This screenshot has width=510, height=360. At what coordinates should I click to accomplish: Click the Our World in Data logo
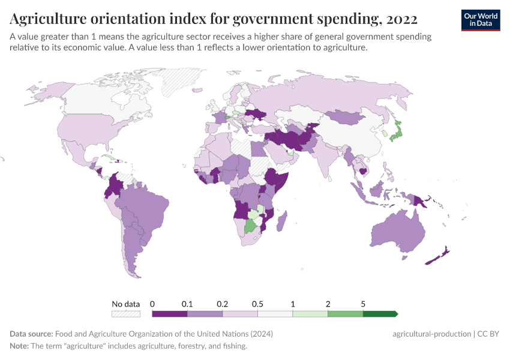(x=480, y=19)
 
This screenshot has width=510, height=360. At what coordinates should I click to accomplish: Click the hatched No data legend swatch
(x=126, y=314)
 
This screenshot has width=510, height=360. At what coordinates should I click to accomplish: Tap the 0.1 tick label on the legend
(x=187, y=304)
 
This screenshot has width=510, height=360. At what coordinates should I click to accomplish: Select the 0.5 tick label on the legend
(x=257, y=304)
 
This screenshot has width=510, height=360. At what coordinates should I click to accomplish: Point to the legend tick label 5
(x=363, y=304)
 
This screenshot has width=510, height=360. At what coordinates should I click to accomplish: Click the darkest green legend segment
(x=380, y=314)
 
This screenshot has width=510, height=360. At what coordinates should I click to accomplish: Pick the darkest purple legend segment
(x=170, y=314)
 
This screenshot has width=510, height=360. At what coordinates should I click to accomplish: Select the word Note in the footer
(x=20, y=346)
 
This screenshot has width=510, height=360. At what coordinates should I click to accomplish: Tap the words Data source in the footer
(x=31, y=334)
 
